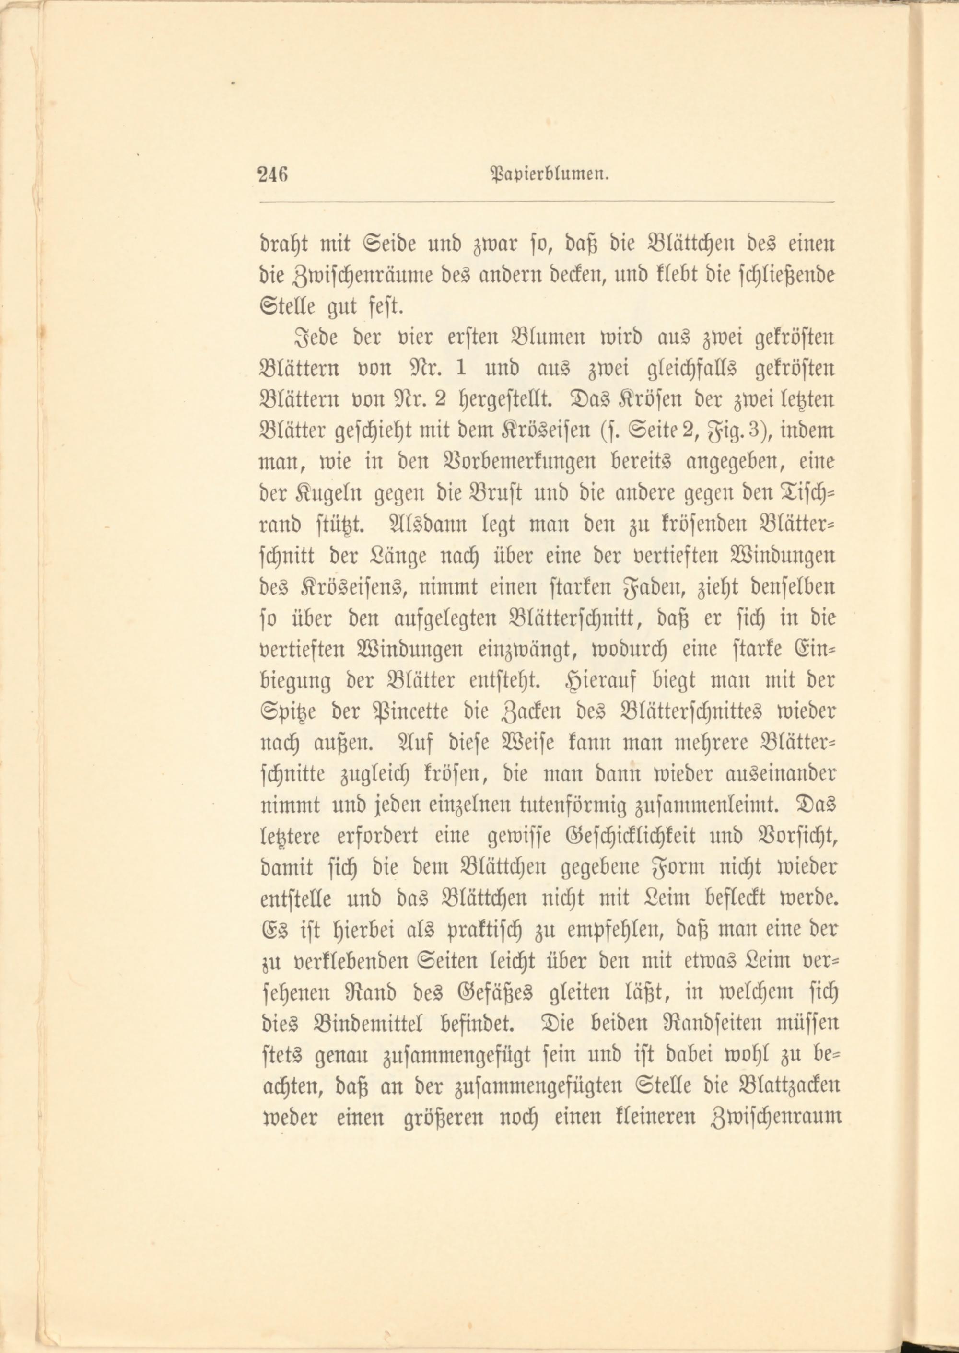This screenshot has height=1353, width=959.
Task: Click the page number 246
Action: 272,175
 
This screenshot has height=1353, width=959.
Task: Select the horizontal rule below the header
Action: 546,202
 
